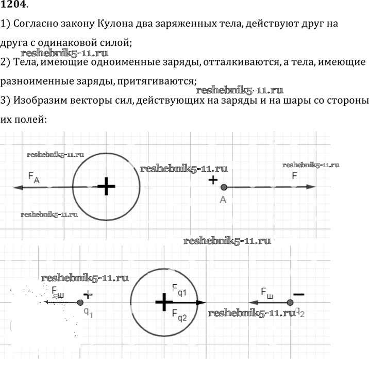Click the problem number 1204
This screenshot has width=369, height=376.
[14, 6]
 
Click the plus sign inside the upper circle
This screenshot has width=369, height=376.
[106, 186]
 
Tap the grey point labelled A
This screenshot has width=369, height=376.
[224, 187]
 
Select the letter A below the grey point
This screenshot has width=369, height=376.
[223, 200]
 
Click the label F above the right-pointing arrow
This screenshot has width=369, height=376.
[294, 175]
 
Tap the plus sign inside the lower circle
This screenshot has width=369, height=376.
[164, 302]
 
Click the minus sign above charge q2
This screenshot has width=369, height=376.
[298, 293]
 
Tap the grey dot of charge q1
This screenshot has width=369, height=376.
[80, 303]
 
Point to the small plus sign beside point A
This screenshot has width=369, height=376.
[212, 179]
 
